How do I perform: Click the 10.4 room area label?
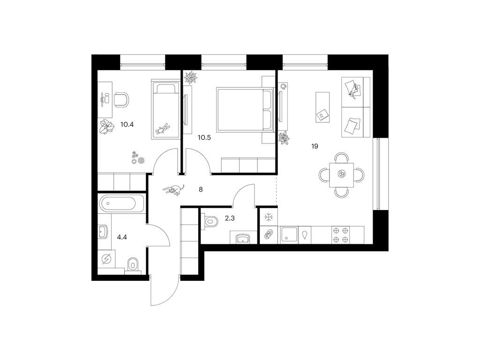point(127,125)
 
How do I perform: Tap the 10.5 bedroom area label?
point(204,137)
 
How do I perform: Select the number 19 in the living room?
point(315,146)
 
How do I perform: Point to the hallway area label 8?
point(201,189)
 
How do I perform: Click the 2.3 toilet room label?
point(230,218)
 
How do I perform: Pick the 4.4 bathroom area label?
point(122,237)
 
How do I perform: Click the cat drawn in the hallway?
point(174,190)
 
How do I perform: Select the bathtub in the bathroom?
point(121,203)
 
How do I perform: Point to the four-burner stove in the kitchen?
point(341,235)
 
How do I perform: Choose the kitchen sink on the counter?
point(289,235)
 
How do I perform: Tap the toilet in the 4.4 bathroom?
point(133,264)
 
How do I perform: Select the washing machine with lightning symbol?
point(106,259)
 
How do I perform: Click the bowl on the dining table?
point(341,174)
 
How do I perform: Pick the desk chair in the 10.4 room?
point(121,99)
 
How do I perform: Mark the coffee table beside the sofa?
point(322,107)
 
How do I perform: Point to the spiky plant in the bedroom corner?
point(191,77)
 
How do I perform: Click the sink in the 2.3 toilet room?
point(243,238)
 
